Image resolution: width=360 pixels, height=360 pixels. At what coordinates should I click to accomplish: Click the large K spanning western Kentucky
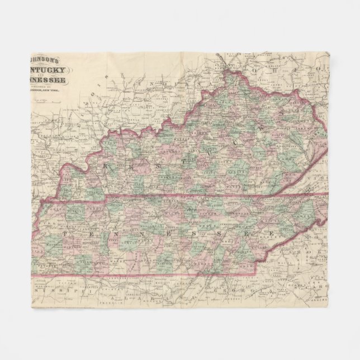pyautogui.click(x=104, y=166)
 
